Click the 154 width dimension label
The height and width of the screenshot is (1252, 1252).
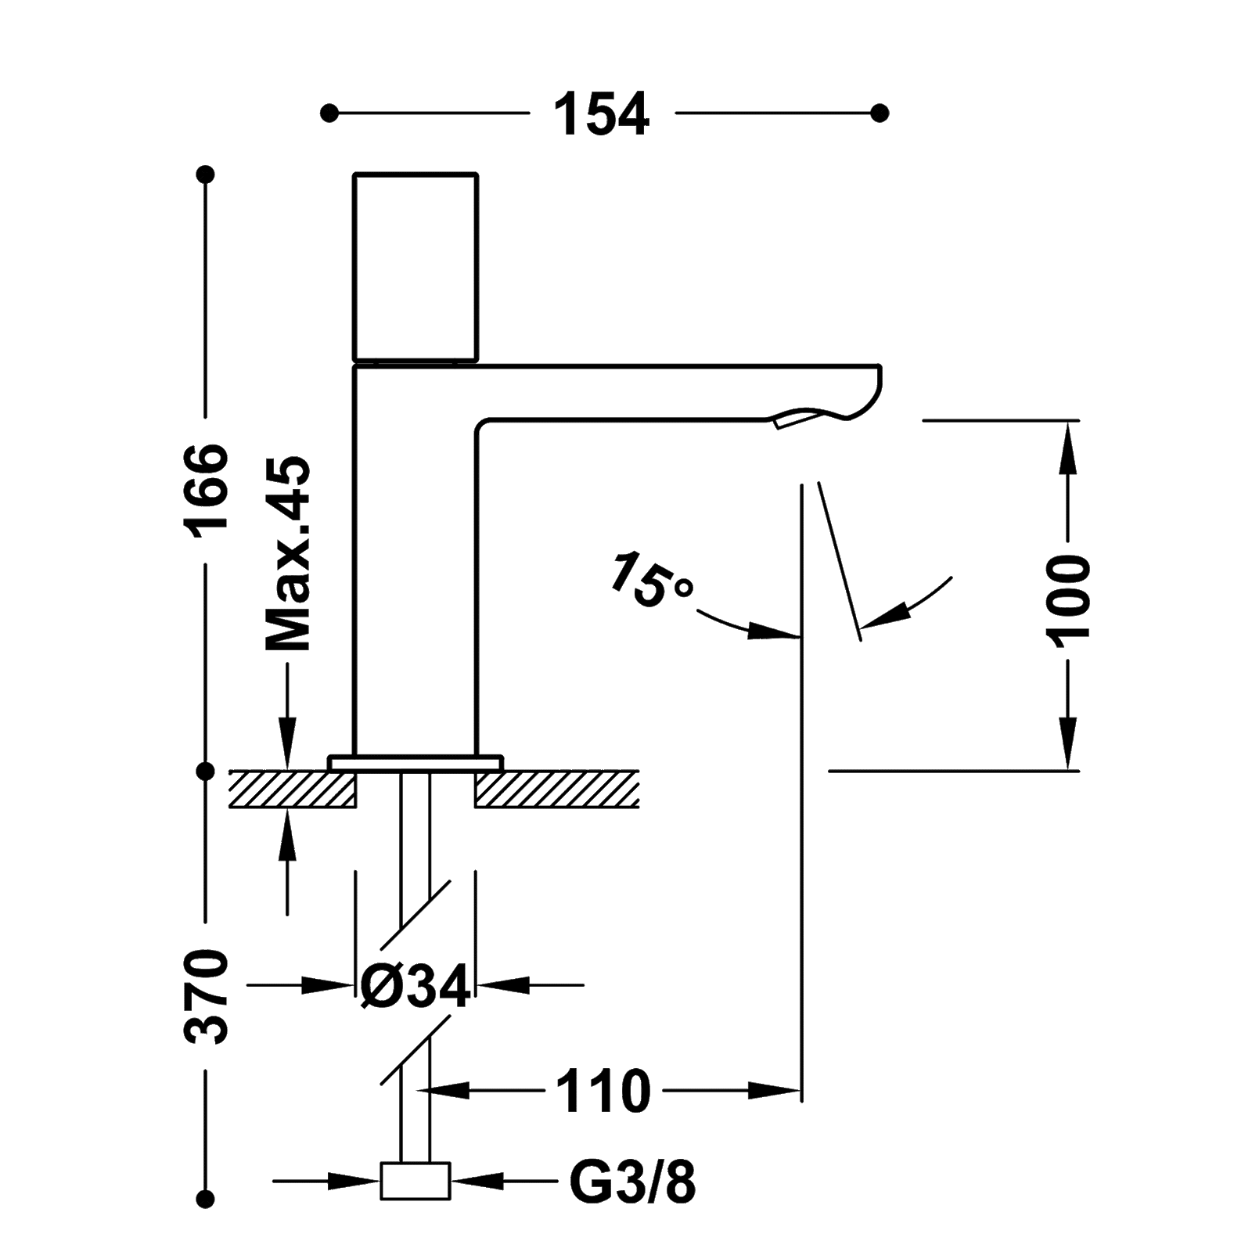(x=602, y=114)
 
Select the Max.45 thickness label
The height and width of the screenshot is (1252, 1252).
(x=289, y=552)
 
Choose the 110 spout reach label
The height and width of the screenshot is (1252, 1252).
(x=603, y=1089)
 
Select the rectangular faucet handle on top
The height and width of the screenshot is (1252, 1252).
(x=416, y=267)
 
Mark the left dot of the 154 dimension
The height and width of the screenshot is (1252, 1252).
(x=329, y=113)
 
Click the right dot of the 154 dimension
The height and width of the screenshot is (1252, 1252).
(x=880, y=113)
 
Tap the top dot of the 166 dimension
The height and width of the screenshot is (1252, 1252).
(x=206, y=175)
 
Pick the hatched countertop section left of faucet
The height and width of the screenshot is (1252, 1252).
(x=293, y=788)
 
